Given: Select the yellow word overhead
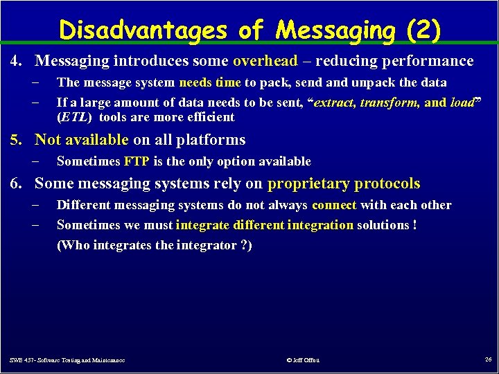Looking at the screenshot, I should click(x=265, y=61).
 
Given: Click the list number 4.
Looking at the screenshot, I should click(x=14, y=61).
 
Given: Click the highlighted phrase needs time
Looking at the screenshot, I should click(x=210, y=82).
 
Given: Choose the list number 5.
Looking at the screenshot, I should click(x=14, y=140).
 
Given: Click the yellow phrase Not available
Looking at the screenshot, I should click(x=81, y=140).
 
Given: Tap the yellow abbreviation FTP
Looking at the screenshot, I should click(x=136, y=161).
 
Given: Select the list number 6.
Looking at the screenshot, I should click(x=14, y=184).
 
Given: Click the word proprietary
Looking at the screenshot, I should click(x=308, y=184).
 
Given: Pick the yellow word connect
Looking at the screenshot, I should click(x=334, y=205).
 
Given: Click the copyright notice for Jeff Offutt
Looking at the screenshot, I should click(x=302, y=359).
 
